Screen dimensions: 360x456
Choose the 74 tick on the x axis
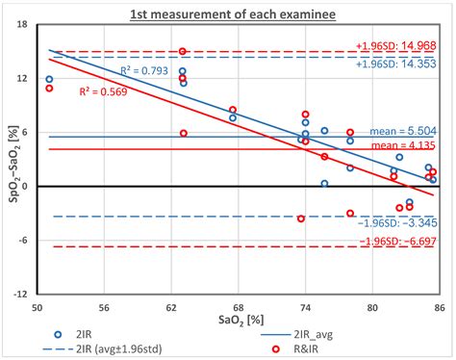pos(305,307)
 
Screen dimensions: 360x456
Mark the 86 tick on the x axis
pos(439,307)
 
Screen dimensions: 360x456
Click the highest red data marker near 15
pos(183,51)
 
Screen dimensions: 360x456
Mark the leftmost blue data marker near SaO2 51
pos(49,79)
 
